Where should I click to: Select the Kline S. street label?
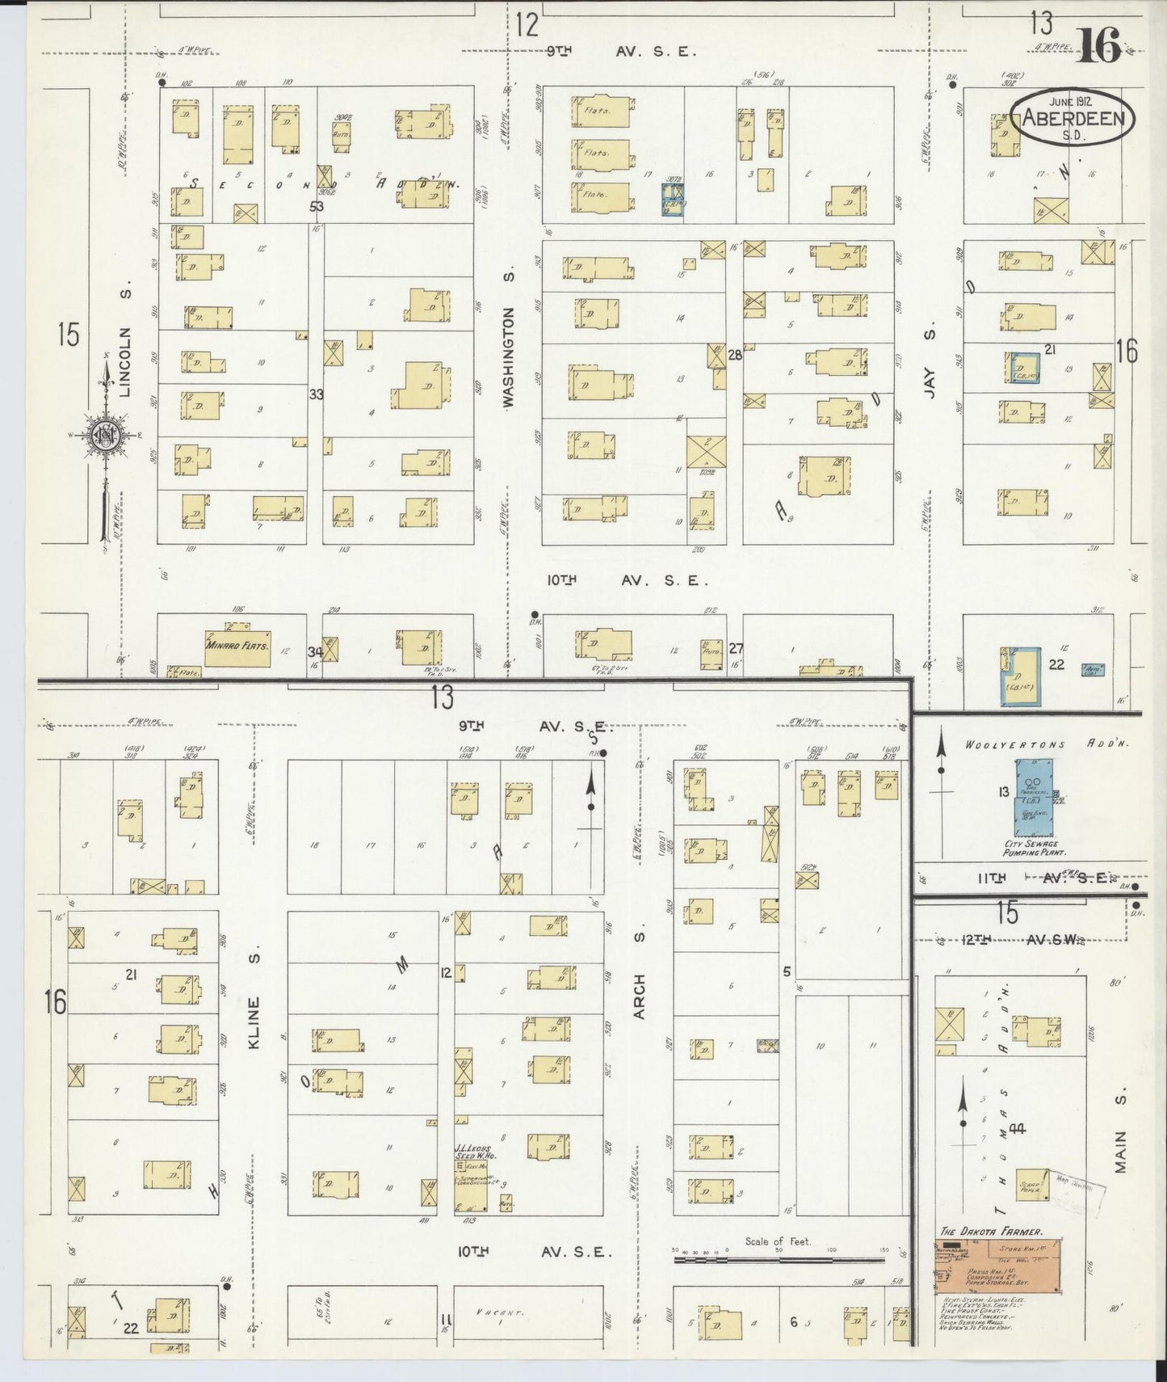tap(254, 1022)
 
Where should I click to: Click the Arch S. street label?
tap(640, 996)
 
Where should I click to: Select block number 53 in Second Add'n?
tap(316, 206)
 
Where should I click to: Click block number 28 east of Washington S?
tap(734, 355)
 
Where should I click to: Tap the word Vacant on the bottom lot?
tap(496, 1312)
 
